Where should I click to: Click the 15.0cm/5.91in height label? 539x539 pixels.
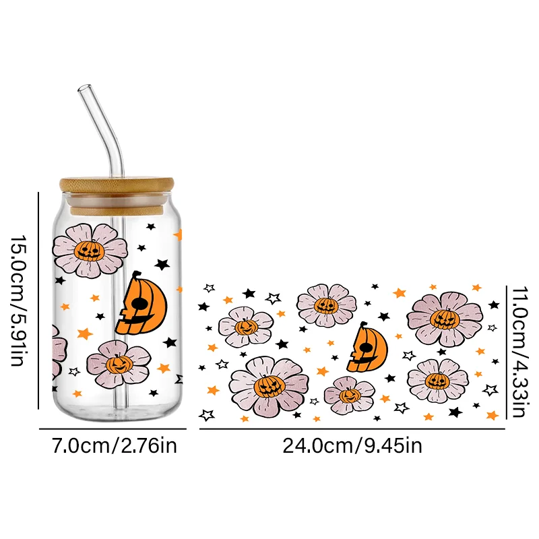coord(20,300)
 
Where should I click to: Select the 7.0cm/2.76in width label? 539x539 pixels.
coord(112,446)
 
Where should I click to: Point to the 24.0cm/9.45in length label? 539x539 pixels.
coord(352,446)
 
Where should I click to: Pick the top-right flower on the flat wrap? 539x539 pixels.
coord(445,318)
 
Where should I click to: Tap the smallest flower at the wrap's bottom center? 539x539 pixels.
coord(349,395)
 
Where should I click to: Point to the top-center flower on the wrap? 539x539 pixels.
coord(326,305)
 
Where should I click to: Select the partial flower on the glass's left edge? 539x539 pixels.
coord(59,350)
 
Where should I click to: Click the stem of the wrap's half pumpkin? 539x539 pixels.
coord(364,326)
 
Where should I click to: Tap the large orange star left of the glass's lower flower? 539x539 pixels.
coord(84,333)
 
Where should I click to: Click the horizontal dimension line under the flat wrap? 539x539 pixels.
coord(352,429)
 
